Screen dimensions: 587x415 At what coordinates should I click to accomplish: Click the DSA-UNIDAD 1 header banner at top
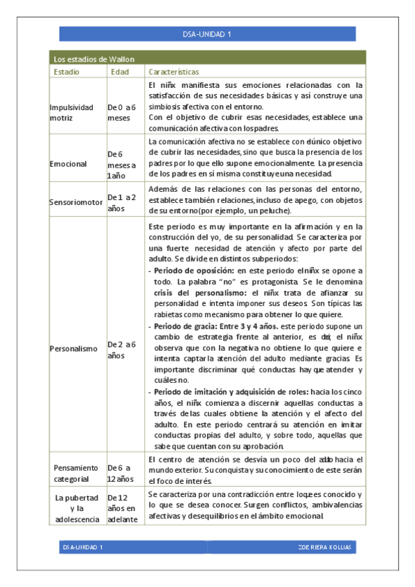point(207,34)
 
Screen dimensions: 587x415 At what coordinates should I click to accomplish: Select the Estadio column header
point(67,71)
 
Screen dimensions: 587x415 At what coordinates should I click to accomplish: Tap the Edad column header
point(120,71)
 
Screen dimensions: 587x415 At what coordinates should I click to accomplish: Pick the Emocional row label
point(68,164)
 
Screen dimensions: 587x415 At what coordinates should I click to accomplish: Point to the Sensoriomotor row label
point(76,202)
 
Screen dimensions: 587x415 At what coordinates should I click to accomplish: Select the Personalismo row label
point(73,349)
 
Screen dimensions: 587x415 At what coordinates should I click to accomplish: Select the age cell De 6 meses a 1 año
point(121,165)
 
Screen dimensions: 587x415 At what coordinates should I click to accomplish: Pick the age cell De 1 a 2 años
point(121,201)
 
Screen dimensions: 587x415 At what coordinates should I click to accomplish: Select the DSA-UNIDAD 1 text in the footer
point(83,547)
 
